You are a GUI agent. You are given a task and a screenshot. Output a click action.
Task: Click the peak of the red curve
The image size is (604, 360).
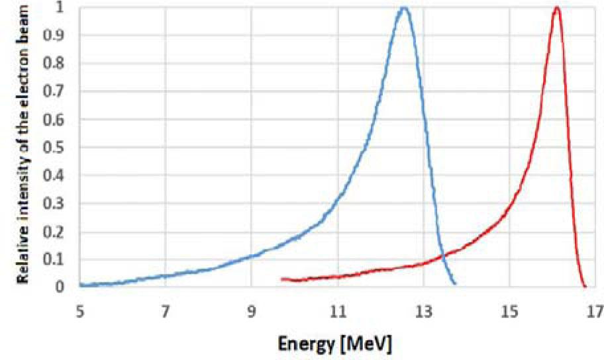557,8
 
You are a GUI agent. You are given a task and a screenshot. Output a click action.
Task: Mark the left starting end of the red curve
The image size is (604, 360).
281,279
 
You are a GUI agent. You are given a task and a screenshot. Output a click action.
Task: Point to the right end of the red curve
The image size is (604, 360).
585,286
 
